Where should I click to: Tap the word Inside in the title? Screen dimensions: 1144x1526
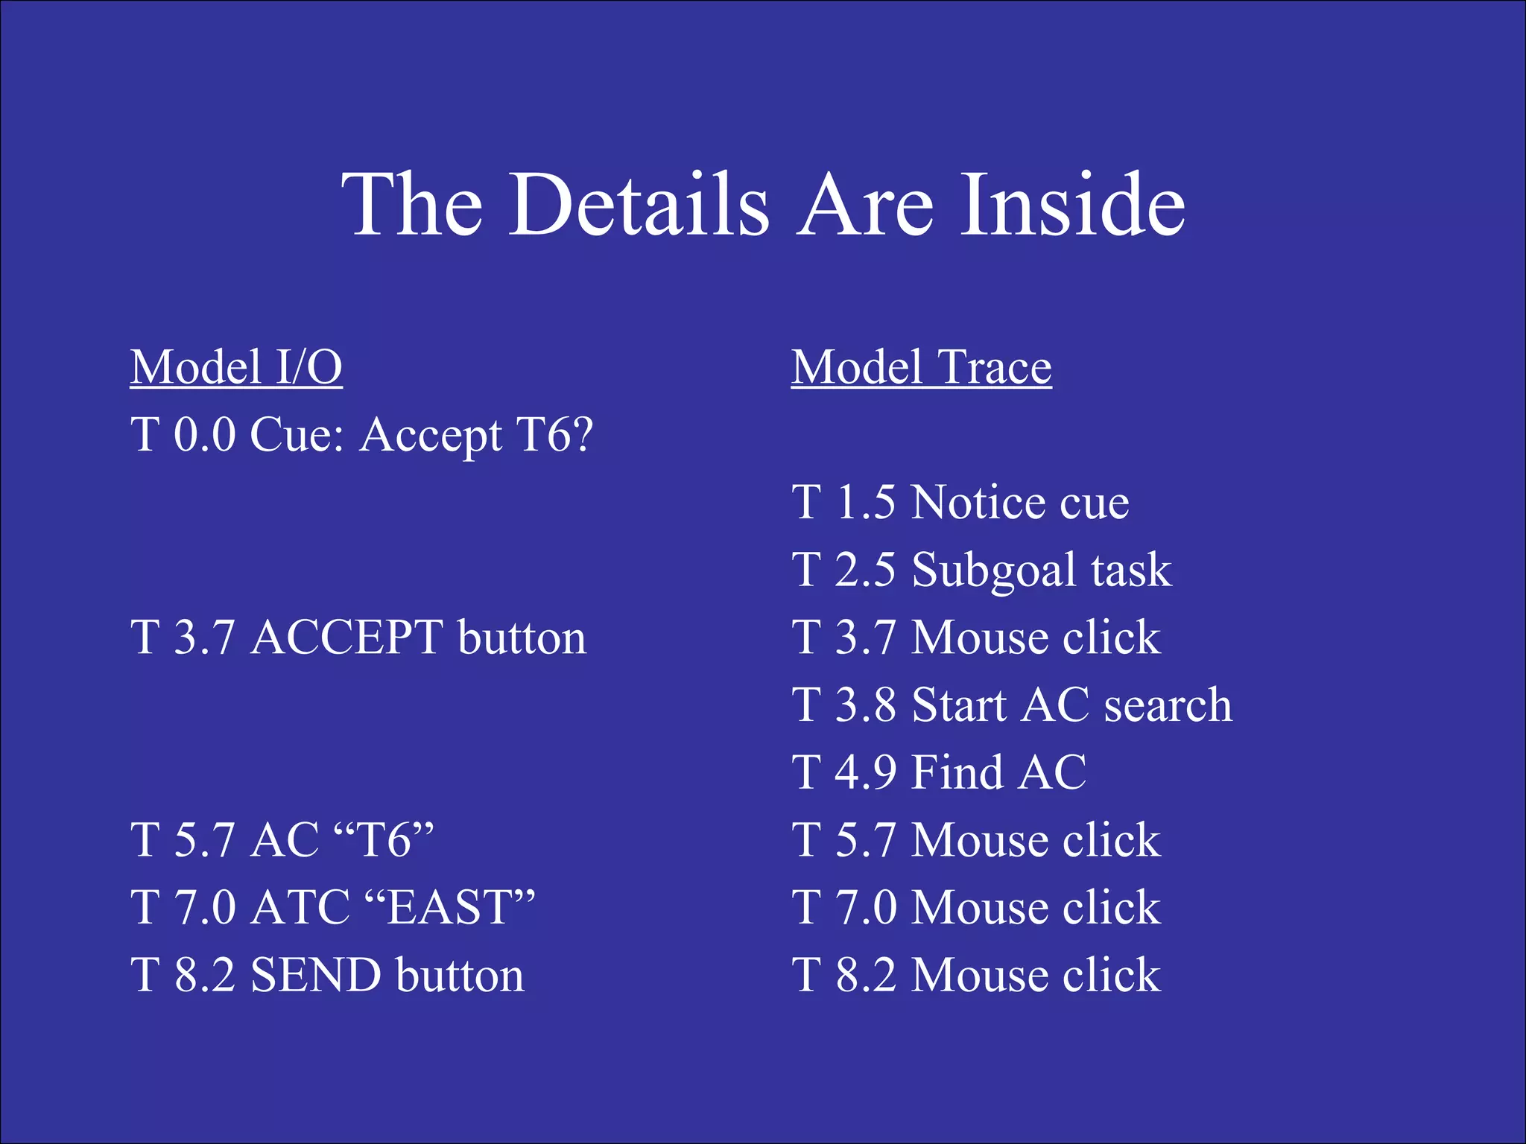point(1072,205)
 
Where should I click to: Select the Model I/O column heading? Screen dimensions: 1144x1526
point(236,367)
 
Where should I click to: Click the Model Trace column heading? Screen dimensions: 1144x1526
point(921,367)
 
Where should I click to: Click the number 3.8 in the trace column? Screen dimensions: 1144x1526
point(865,705)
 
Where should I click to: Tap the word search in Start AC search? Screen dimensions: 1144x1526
point(1168,705)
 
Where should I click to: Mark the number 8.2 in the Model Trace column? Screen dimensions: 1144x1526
point(865,975)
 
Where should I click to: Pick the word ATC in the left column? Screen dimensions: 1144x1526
point(300,907)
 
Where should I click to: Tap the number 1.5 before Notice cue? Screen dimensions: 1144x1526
point(865,502)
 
